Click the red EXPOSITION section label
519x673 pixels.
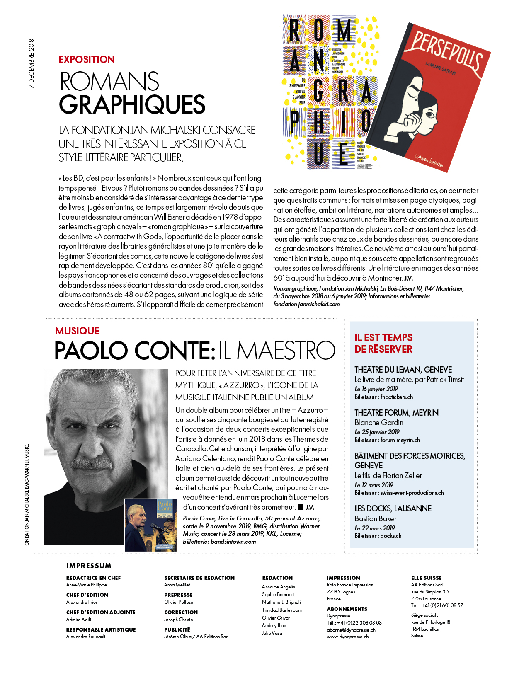coord(86,60)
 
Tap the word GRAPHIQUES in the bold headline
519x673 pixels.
coord(132,105)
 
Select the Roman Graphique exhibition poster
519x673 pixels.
coord(330,92)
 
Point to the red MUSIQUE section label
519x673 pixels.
coord(77,331)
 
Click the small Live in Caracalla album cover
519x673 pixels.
coord(151,525)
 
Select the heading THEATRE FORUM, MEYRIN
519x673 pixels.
coord(396,413)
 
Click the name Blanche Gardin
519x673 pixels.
coord(379,423)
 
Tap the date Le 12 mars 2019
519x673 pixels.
coord(374,485)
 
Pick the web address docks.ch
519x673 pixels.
coord(391,536)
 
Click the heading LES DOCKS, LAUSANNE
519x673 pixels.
coord(393,508)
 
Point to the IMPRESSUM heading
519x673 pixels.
coord(89,566)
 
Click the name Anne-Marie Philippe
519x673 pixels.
coord(87,585)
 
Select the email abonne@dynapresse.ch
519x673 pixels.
coord(351,630)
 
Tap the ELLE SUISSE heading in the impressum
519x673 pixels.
coord(427,578)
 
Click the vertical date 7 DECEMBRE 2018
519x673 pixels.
coord(32,64)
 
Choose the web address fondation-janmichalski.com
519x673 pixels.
coord(306,304)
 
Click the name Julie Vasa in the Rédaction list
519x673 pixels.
coord(272,633)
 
